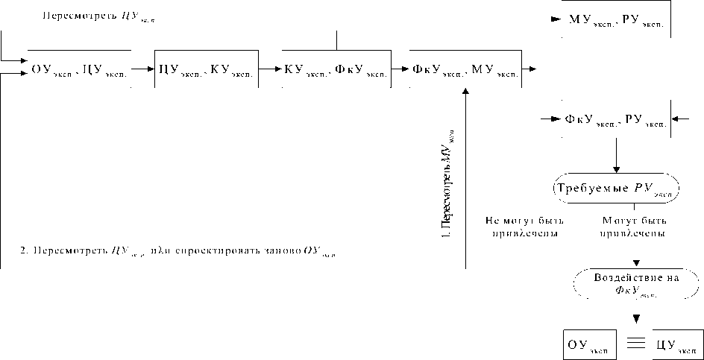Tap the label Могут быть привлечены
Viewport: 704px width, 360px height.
[634, 227]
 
